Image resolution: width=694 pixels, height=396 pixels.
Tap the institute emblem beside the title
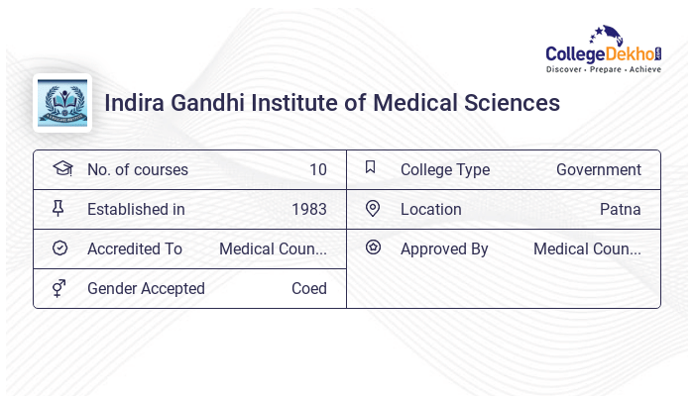[62, 103]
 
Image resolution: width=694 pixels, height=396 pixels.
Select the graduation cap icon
[62, 168]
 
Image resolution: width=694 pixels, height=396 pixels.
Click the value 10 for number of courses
[317, 169]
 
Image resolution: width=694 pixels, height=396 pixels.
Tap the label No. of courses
[138, 169]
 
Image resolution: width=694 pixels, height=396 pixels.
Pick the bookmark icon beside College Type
[371, 167]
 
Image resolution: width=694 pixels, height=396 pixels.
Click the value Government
[598, 169]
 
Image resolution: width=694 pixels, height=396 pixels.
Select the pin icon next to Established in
[59, 209]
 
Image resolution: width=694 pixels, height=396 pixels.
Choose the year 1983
[309, 209]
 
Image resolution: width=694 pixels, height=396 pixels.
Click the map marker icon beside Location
[373, 209]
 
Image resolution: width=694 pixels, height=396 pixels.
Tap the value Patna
[620, 209]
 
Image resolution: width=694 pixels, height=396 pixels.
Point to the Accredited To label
[135, 248]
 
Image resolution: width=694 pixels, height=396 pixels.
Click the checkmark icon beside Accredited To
[60, 248]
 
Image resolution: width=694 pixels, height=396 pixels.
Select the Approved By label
[444, 248]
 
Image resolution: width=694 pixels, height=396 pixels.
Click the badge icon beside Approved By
[373, 247]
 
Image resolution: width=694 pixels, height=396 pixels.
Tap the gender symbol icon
[59, 288]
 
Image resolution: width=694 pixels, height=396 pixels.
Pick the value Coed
[308, 288]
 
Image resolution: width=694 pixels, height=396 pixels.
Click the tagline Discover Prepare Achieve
[604, 70]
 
